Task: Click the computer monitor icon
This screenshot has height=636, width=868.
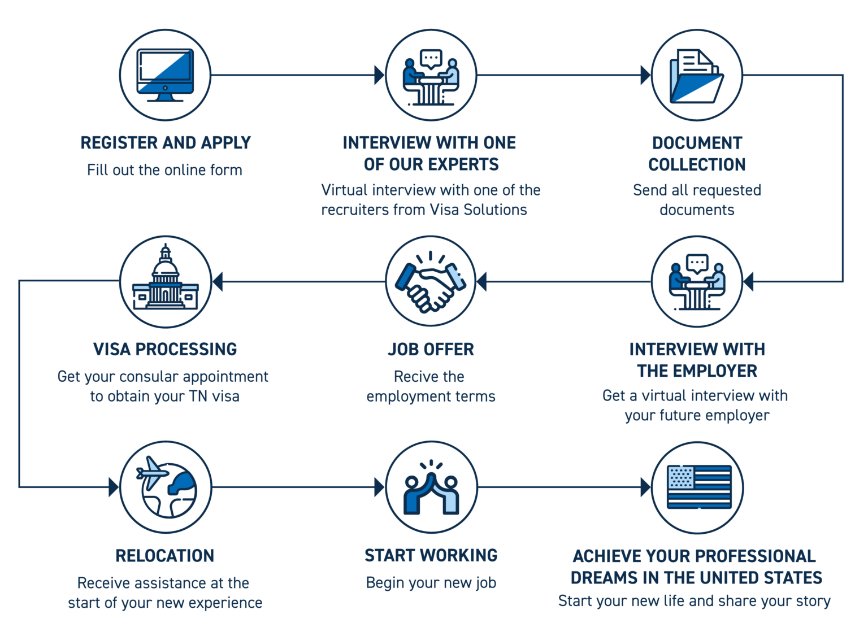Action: click(165, 75)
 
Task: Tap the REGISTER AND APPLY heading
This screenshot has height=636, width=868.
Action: click(165, 143)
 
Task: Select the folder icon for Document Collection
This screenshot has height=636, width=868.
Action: click(696, 76)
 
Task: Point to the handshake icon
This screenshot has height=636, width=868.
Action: click(431, 281)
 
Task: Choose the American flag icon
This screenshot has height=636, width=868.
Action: click(698, 487)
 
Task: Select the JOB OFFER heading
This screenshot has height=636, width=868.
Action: click(431, 350)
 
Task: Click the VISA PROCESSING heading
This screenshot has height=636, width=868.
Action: click(165, 350)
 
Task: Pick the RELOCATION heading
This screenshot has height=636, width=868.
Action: click(165, 556)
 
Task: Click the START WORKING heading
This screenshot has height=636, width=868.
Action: click(431, 556)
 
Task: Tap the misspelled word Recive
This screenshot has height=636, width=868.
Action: click(411, 377)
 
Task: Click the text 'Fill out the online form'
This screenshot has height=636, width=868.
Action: click(164, 170)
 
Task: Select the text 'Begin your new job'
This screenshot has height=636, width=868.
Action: click(431, 583)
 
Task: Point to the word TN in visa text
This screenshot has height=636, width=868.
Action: click(198, 397)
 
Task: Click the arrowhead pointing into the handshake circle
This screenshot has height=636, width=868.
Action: click(482, 281)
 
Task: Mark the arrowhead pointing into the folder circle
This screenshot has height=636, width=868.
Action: click(645, 75)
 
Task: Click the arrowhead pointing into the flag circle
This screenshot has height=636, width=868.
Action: click(645, 487)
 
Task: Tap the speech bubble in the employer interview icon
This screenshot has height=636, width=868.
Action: click(696, 263)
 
